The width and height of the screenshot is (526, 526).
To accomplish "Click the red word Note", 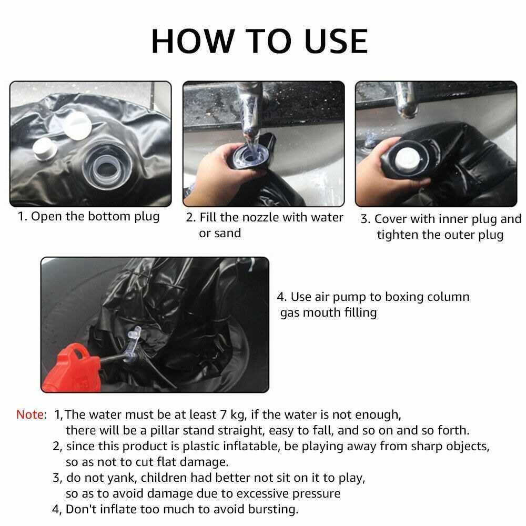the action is [30, 414].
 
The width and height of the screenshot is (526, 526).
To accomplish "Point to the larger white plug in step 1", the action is [77, 126].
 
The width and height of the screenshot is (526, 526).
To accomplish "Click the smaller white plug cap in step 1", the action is [44, 150].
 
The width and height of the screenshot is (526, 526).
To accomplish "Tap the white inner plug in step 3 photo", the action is [407, 158].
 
